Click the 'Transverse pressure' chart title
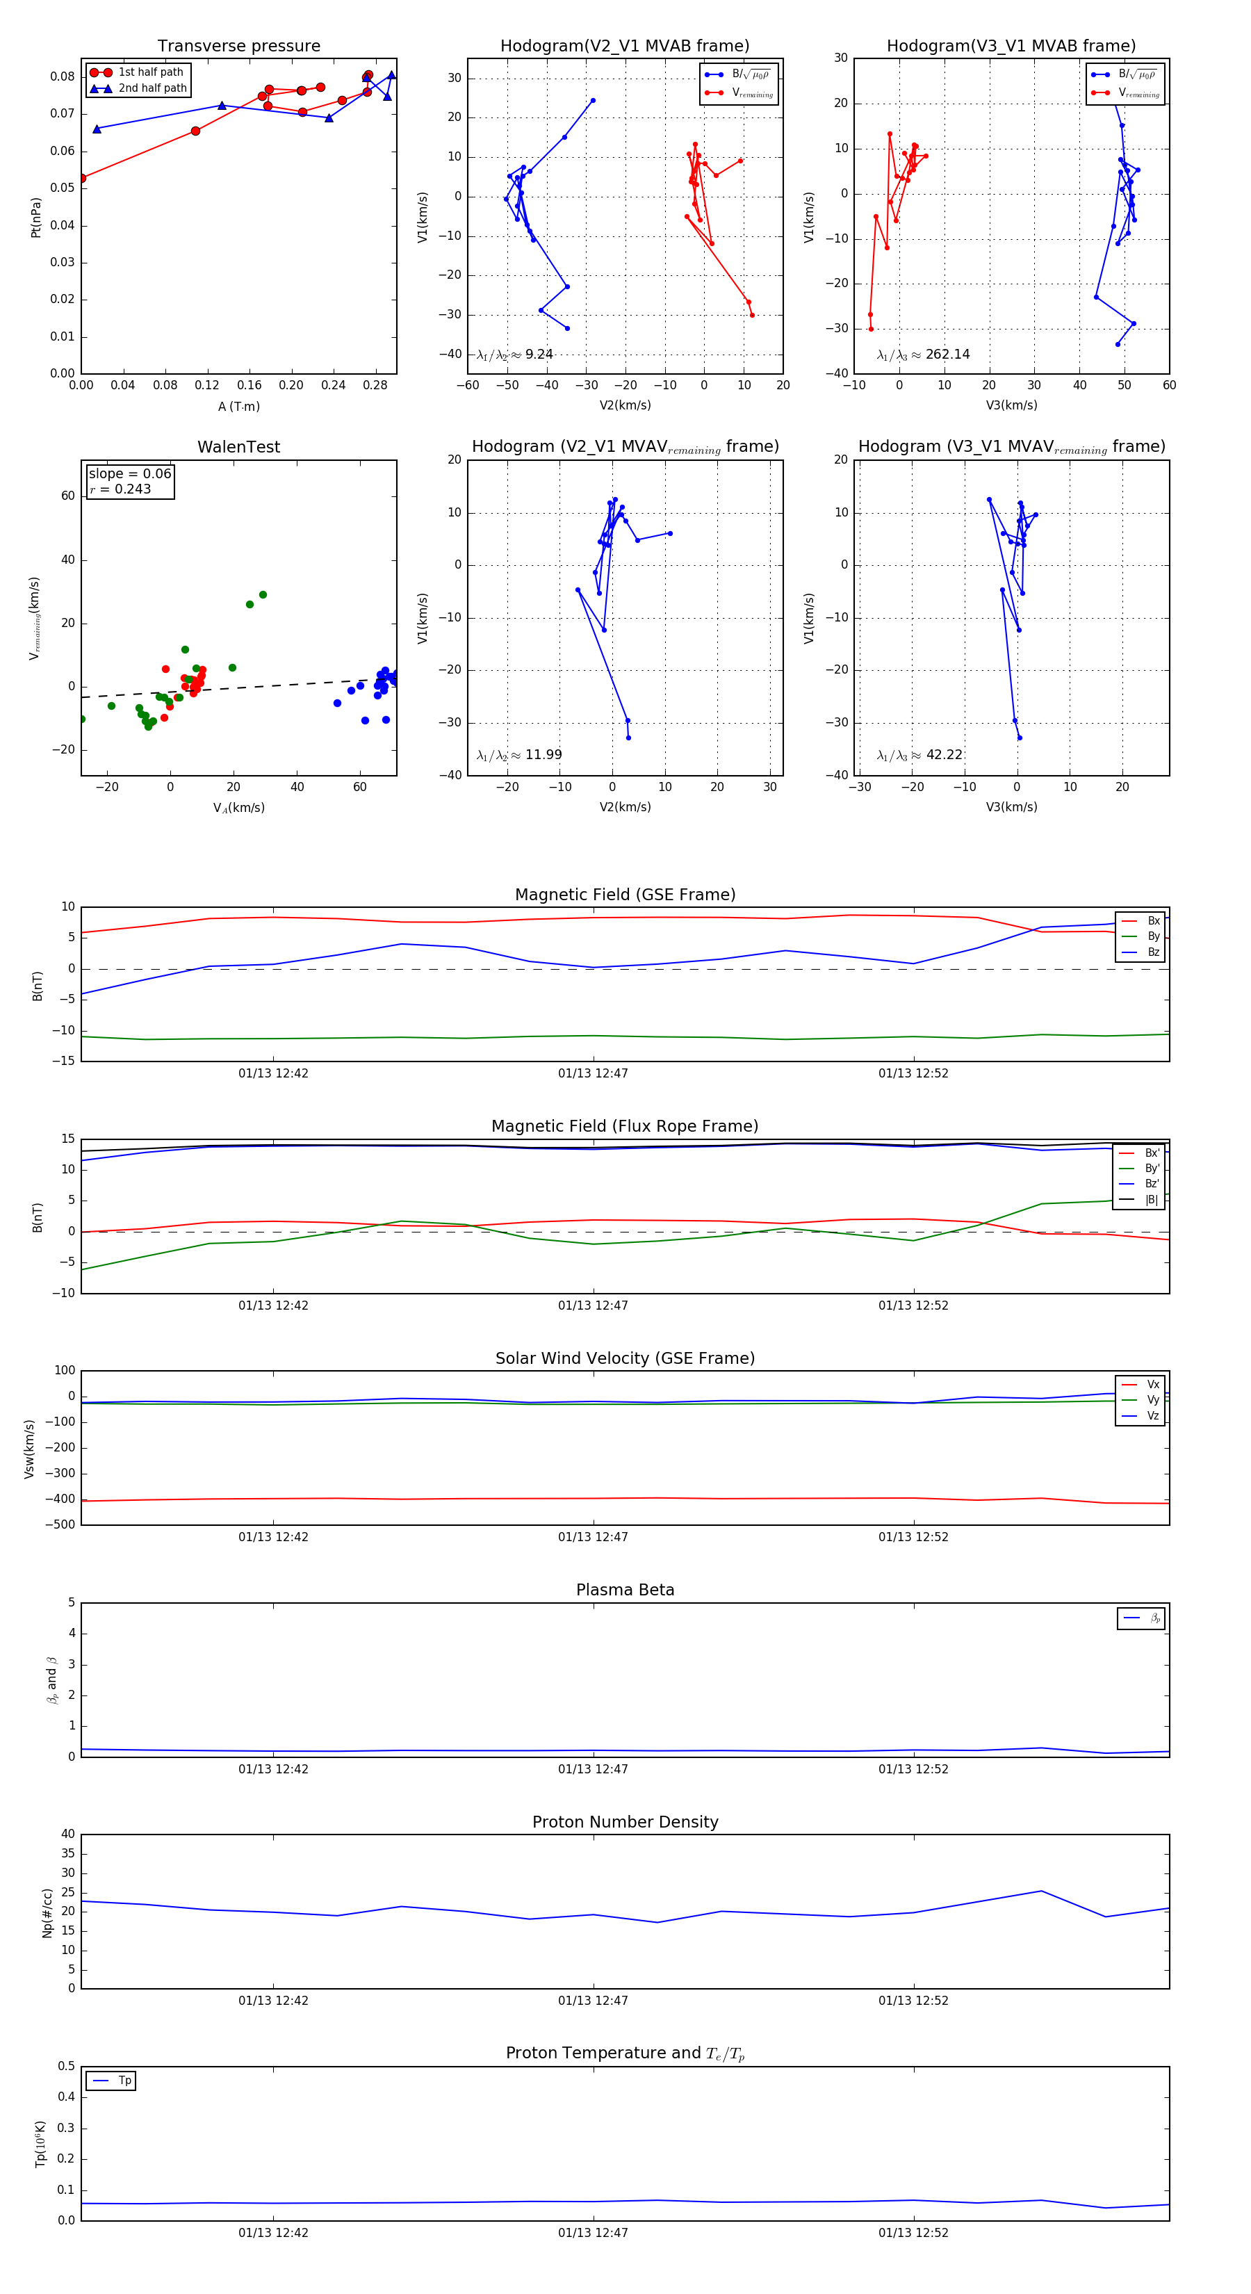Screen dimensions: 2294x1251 (238, 47)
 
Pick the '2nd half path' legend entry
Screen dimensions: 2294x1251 (152, 88)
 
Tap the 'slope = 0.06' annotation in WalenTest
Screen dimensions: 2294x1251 (129, 474)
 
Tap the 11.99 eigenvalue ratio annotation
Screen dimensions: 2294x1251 (543, 755)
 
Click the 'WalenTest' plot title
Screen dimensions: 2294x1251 (238, 447)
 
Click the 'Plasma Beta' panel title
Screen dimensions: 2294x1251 (625, 1590)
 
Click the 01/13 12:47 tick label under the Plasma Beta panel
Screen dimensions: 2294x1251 (593, 1768)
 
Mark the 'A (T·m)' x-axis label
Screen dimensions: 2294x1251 (238, 406)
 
